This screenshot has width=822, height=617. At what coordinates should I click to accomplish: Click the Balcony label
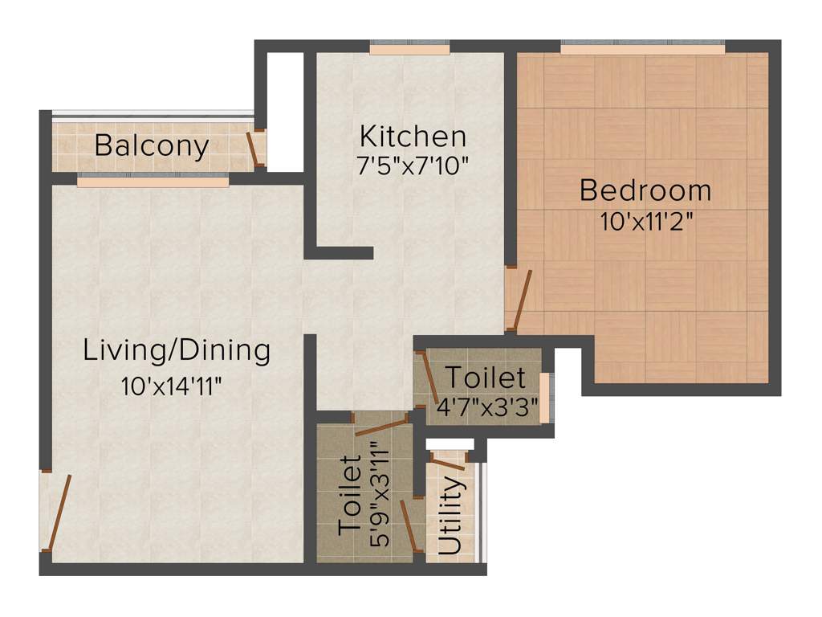152,146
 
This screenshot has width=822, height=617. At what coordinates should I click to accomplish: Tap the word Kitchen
413,135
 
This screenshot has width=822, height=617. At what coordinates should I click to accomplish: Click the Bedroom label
645,191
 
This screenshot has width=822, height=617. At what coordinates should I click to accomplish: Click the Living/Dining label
177,351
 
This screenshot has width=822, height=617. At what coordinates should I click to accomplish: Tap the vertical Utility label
450,517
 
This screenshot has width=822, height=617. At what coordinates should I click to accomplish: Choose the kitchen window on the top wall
409,50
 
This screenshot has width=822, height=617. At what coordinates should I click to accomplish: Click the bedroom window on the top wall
642,50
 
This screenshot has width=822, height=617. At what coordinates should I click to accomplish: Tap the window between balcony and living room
153,182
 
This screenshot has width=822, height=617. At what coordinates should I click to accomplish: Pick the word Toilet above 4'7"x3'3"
486,377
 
